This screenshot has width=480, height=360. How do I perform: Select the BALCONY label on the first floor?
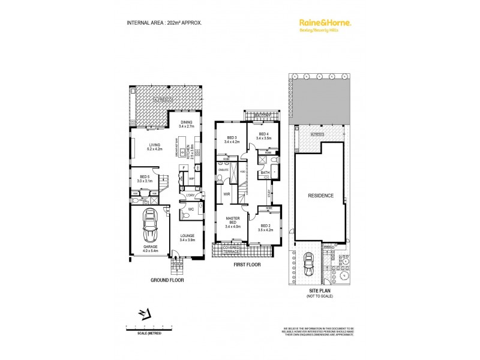262,116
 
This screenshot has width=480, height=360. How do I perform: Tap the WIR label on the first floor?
227,194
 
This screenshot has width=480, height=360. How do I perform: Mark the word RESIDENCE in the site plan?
320,196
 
